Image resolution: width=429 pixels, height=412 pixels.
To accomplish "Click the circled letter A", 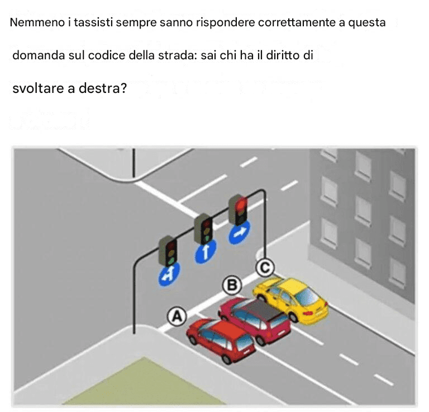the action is point(177,317).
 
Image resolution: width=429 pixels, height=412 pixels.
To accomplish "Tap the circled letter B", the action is point(232,285).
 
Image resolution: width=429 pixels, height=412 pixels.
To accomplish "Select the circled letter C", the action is point(265,267).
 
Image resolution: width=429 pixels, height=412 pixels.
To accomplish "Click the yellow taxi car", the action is point(290,299).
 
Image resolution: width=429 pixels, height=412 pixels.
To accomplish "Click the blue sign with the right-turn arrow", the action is point(239,232).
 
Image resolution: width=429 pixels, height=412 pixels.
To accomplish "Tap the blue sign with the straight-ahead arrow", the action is point(206,251).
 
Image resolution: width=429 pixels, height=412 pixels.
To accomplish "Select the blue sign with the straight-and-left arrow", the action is point(169,274).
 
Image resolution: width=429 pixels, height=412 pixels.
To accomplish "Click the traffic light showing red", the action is point(238,210).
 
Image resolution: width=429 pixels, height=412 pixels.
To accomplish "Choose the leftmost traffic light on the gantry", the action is point(168,251).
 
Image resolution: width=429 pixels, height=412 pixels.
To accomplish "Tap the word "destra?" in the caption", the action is point(103,88).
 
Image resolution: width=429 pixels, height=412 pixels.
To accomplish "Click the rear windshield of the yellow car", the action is point(307,297).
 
